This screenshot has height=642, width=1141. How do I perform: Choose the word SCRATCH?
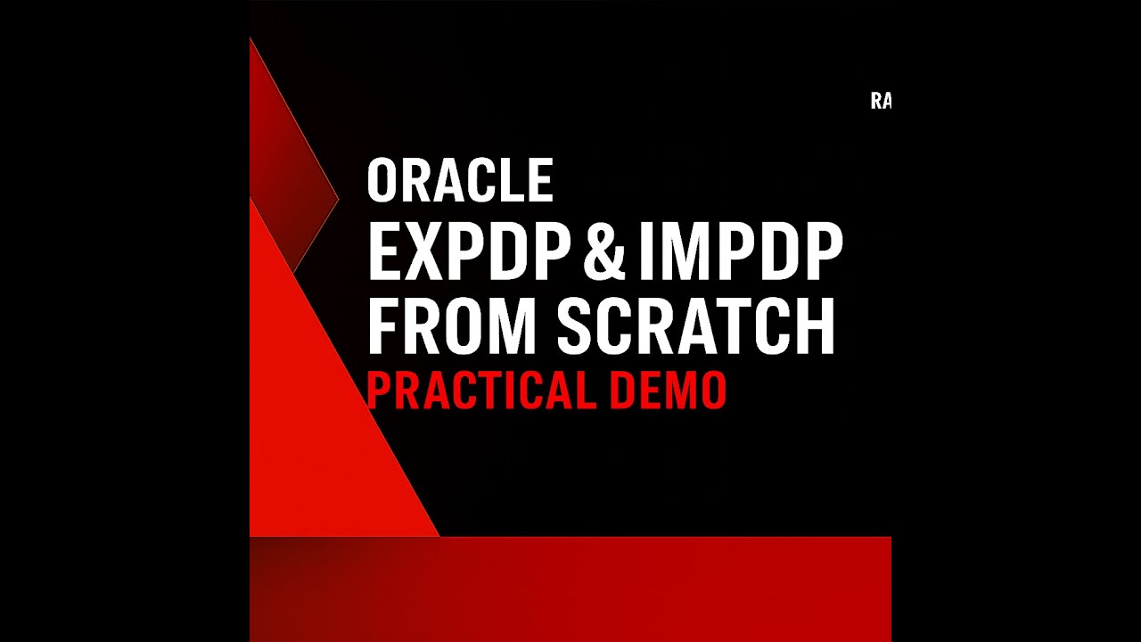tap(696, 326)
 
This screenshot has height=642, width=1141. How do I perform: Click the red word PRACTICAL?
tap(480, 390)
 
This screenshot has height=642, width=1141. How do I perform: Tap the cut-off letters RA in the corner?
tap(881, 102)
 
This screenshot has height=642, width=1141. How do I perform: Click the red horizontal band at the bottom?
tap(570, 588)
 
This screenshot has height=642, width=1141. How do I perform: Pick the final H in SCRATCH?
tap(815, 326)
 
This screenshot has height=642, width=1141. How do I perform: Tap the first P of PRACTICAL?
tap(378, 390)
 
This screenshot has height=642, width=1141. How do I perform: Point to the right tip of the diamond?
tap(338, 198)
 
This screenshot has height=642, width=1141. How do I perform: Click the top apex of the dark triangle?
tap(251, 39)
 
